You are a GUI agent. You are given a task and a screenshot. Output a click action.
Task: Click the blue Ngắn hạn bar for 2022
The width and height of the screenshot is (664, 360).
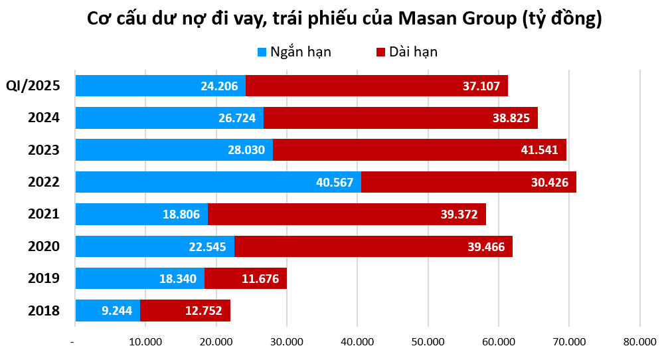click(x=218, y=182)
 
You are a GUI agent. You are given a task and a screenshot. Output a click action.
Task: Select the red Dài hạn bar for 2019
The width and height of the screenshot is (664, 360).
click(x=245, y=278)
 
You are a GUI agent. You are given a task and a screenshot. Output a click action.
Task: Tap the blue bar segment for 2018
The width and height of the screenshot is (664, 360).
click(x=108, y=310)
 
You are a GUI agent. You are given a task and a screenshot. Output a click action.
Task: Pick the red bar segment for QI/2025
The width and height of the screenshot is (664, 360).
click(x=376, y=86)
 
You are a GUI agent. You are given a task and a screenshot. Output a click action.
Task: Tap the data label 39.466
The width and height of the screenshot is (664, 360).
click(x=482, y=246)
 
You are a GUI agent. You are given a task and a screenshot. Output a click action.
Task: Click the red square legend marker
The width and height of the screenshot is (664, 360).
click(x=380, y=52)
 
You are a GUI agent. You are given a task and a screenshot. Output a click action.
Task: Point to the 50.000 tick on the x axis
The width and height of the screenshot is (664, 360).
click(x=428, y=342)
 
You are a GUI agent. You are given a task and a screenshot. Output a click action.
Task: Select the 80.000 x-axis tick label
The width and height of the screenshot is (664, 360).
click(x=639, y=342)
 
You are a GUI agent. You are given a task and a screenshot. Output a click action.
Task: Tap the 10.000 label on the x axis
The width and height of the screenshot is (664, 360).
click(x=145, y=342)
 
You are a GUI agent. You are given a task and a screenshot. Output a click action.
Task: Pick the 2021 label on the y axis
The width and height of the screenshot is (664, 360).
click(x=44, y=214)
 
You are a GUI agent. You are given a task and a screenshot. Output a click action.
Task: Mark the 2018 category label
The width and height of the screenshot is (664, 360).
click(x=44, y=310)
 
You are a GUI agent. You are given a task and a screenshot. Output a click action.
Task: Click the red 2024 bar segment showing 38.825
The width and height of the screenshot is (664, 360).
click(x=400, y=118)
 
